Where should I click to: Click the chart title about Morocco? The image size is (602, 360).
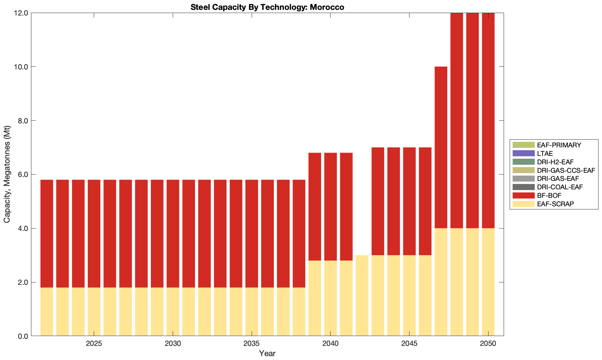click(267, 7)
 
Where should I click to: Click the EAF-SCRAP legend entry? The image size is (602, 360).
click(555, 204)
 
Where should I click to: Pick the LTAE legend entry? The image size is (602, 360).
click(545, 153)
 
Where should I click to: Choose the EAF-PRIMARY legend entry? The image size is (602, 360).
click(559, 145)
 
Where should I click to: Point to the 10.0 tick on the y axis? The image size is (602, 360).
click(21, 67)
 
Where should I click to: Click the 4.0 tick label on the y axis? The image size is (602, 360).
click(23, 228)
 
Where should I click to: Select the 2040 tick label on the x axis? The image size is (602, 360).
click(330, 344)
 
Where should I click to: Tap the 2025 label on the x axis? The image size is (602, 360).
click(94, 344)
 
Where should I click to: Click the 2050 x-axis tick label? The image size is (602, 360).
click(488, 344)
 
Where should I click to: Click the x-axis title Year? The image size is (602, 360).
click(267, 353)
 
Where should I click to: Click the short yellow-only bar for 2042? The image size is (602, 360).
click(362, 295)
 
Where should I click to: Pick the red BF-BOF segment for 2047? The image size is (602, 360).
click(441, 147)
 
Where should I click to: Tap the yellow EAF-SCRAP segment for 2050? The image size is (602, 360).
click(488, 282)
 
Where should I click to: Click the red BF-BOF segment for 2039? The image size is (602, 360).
click(315, 207)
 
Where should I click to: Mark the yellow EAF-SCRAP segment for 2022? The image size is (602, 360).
click(47, 312)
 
